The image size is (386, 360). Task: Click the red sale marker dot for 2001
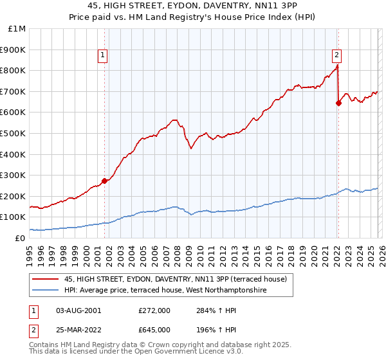(104, 181)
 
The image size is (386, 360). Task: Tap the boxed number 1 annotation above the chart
(104, 56)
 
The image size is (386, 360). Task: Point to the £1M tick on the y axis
(17, 29)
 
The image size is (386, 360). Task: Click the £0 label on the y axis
(20, 238)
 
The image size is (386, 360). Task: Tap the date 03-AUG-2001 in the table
(78, 310)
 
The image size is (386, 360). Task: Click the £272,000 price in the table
(154, 310)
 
